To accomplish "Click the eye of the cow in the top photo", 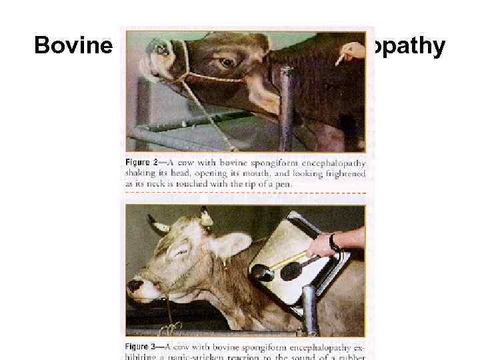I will [227, 62].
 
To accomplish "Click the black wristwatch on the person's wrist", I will [333, 243].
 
